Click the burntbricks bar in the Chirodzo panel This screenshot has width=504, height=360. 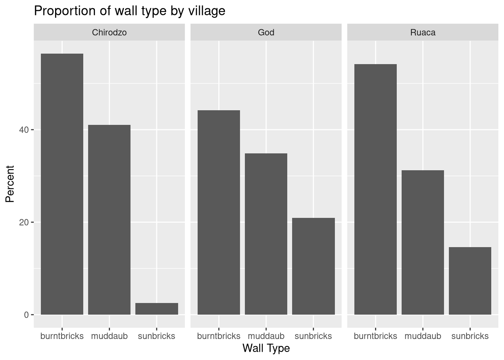coord(62,184)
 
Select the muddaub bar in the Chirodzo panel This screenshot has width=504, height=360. coord(109,219)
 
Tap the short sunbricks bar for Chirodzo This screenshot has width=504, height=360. coord(156,309)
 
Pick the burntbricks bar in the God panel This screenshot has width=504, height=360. coord(219,212)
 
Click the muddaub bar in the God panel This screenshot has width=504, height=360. coord(266,234)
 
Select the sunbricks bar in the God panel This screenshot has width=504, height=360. coord(313,266)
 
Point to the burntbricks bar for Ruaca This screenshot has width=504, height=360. coord(375,189)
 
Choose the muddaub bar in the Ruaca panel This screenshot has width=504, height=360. coord(423,242)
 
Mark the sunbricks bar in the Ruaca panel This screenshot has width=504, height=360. coord(470,280)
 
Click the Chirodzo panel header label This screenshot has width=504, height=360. coord(109,33)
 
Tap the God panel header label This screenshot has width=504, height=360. coord(266,33)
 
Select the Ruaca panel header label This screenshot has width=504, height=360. coord(423,33)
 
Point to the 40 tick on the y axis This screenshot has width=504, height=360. coord(24,130)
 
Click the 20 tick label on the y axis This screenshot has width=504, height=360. coord(24,222)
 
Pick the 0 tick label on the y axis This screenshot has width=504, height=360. coord(26,315)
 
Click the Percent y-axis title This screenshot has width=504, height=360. coord(10,184)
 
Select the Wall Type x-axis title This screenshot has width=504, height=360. coord(266,348)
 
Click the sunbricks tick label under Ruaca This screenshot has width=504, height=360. coord(470,336)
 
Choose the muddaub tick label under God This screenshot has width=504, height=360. coord(266,336)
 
